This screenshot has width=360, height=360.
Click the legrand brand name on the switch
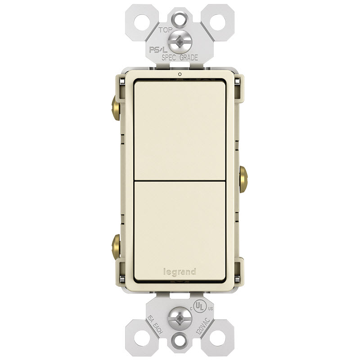(180, 272)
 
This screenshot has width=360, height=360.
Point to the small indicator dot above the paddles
(179, 74)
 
